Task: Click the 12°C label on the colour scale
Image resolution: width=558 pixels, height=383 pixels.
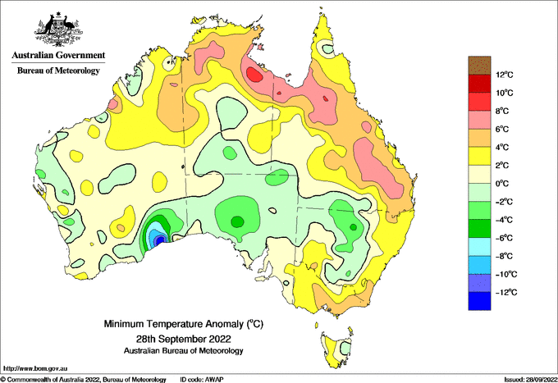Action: click(x=505, y=75)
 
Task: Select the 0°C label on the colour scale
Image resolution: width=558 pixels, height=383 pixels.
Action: click(x=502, y=184)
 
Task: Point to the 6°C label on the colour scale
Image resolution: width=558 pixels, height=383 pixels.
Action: click(x=502, y=129)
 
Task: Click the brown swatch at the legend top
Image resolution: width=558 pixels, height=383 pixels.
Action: click(x=479, y=66)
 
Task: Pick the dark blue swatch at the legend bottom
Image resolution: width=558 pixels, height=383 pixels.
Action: click(x=479, y=301)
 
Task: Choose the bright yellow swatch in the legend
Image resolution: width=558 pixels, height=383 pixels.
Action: click(x=479, y=156)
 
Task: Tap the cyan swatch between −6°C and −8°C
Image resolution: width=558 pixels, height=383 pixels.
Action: click(x=479, y=247)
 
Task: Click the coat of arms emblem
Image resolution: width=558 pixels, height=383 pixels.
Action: click(x=58, y=30)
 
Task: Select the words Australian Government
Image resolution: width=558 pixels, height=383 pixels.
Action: click(x=58, y=55)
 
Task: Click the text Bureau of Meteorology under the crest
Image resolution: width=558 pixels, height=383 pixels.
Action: click(x=58, y=71)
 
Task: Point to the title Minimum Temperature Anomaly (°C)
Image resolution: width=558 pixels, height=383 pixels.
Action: click(x=183, y=324)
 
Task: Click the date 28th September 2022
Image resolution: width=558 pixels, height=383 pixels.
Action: click(x=183, y=338)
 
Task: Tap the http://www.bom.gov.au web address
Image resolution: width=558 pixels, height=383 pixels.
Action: click(x=34, y=368)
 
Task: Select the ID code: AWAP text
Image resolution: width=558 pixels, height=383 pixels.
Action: click(x=202, y=380)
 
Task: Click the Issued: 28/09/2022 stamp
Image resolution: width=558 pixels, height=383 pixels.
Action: click(x=531, y=380)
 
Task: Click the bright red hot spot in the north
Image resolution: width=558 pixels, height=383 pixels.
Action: click(x=254, y=75)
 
